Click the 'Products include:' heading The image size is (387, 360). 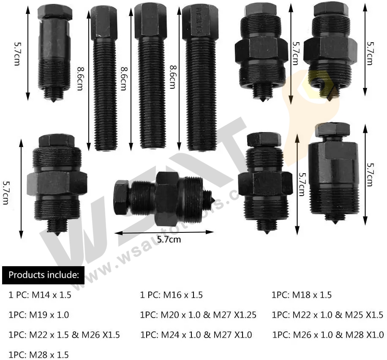pos(44,275)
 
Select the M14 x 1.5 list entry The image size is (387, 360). pos(40,295)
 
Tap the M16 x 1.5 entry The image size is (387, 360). pos(171,295)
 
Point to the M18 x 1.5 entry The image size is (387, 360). pos(301,295)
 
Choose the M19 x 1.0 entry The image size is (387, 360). pos(38,315)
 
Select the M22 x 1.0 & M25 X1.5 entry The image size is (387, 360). pos(327,315)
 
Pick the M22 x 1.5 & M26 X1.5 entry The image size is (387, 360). pos(64,335)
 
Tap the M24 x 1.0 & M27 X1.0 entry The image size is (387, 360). pos(196,335)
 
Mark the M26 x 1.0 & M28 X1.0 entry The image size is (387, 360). pos(328,335)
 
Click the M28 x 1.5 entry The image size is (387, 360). pos(38,355)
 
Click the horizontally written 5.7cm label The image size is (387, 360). pos(169,240)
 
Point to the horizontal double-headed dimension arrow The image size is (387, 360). pos(164,232)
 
